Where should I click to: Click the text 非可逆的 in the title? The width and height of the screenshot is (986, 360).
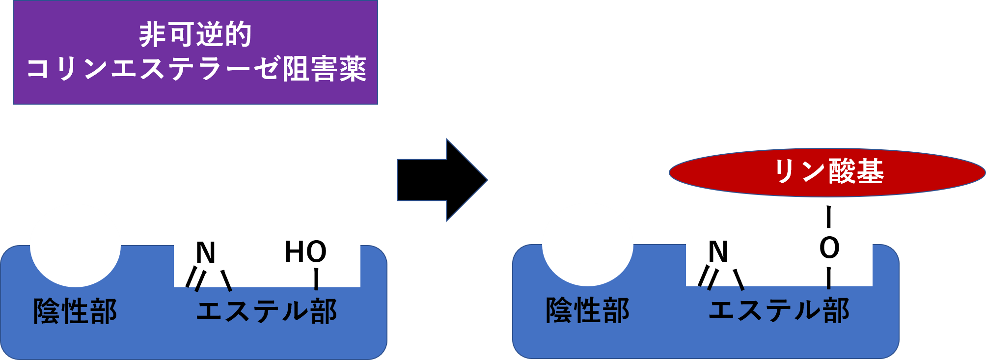[195, 34]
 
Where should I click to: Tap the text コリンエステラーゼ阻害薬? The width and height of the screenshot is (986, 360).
[196, 68]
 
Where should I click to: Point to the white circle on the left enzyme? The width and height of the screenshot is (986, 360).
[75, 245]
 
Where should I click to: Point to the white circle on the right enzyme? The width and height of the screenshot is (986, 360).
[587, 244]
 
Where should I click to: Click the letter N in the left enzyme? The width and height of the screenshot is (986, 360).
[205, 252]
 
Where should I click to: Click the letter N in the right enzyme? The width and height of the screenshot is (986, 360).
[718, 251]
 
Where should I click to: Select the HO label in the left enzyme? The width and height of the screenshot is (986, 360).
[305, 251]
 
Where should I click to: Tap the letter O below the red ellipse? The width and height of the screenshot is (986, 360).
[829, 248]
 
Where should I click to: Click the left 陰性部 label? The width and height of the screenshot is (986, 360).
[75, 311]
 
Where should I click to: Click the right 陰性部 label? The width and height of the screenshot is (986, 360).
[588, 310]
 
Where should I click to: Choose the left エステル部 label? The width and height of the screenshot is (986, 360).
[267, 311]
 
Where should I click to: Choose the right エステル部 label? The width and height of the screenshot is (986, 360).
[779, 310]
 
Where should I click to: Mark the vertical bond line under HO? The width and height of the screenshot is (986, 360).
[316, 278]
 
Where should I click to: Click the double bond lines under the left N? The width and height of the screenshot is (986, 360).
[195, 279]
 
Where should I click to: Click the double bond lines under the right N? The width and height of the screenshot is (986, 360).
[708, 278]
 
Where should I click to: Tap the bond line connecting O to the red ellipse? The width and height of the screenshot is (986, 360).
[829, 223]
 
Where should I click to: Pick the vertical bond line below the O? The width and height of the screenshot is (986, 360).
[829, 278]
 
